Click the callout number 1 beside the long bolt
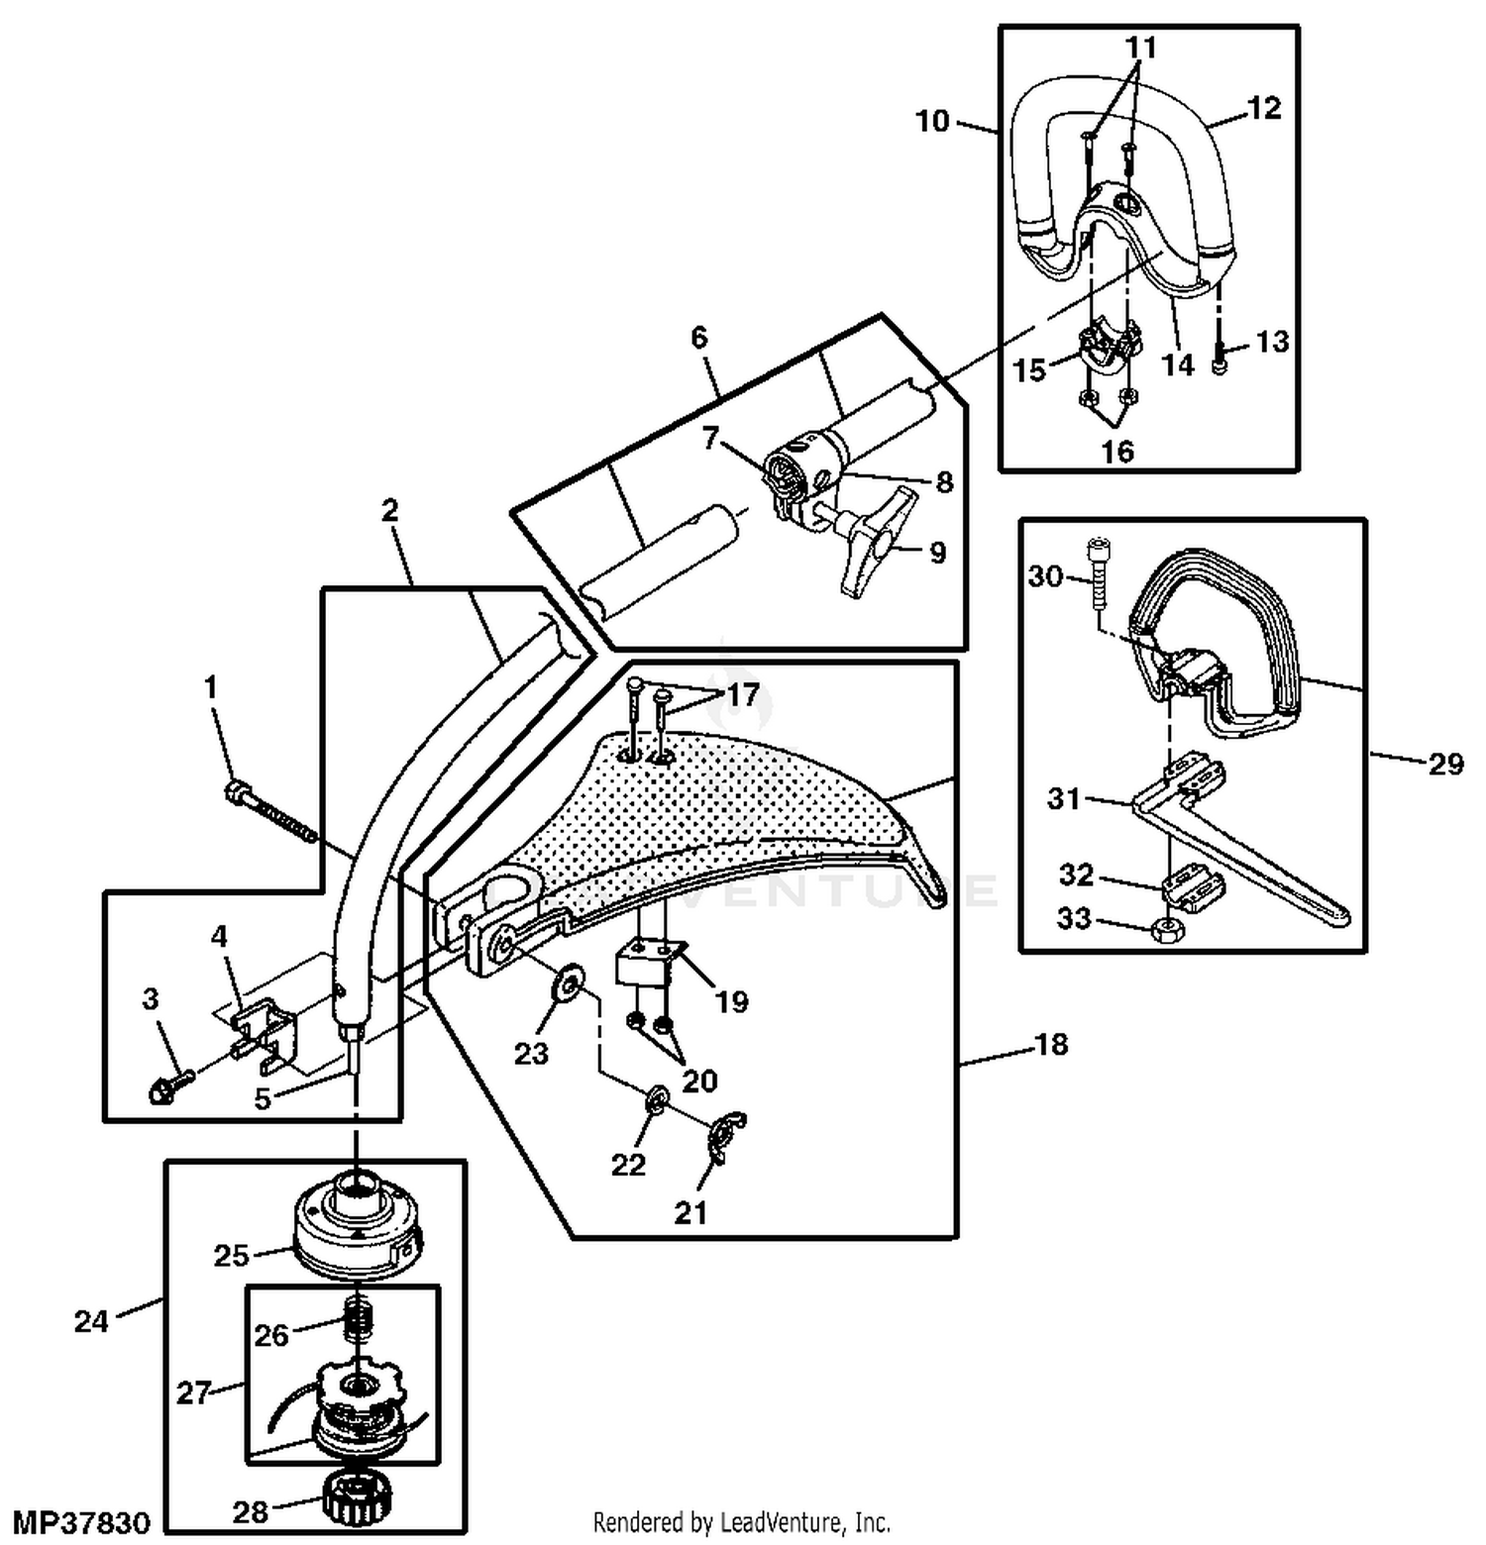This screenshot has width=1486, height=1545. tap(210, 686)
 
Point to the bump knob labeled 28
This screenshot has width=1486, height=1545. tap(354, 1498)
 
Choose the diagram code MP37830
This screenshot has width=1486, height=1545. tap(82, 1521)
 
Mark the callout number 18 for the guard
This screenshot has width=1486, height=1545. tap(1051, 1044)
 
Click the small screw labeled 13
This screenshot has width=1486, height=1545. tap(1221, 365)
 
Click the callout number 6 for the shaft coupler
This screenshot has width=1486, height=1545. tap(699, 338)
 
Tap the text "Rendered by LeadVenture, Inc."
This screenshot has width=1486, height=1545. tap(741, 1521)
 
